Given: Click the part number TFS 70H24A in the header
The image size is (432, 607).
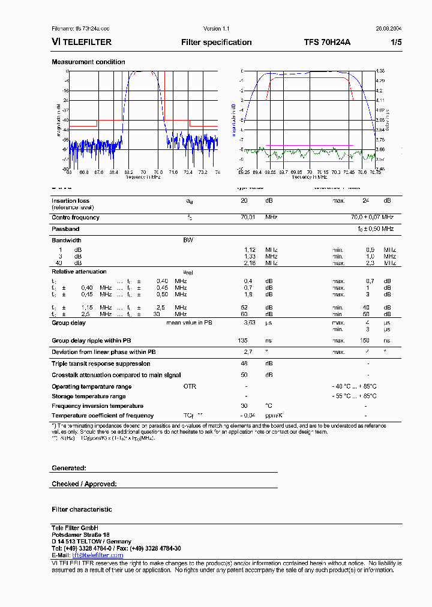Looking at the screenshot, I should [x=326, y=42].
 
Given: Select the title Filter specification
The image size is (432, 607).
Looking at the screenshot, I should [x=216, y=42].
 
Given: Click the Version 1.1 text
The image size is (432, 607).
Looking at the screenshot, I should [x=217, y=29].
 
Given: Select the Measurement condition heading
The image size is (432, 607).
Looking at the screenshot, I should [x=88, y=62].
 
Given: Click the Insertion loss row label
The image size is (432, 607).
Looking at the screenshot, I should [x=70, y=201].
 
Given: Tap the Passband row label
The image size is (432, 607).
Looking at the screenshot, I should [x=65, y=229].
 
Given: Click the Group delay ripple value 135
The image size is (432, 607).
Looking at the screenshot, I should [x=244, y=341].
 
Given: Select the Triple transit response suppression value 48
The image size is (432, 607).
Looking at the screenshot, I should [x=244, y=363].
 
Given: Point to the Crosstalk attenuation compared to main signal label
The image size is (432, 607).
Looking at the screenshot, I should [x=116, y=375].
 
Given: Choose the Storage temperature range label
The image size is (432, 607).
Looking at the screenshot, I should [x=89, y=396].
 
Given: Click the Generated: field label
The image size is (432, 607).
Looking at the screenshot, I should [x=69, y=468].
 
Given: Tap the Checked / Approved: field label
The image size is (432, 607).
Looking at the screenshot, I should [x=84, y=484].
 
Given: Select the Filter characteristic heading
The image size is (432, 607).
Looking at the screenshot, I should [x=82, y=509].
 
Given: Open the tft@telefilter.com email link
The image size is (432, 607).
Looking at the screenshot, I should [x=97, y=555].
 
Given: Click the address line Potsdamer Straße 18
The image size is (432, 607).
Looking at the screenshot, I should [x=80, y=534].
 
